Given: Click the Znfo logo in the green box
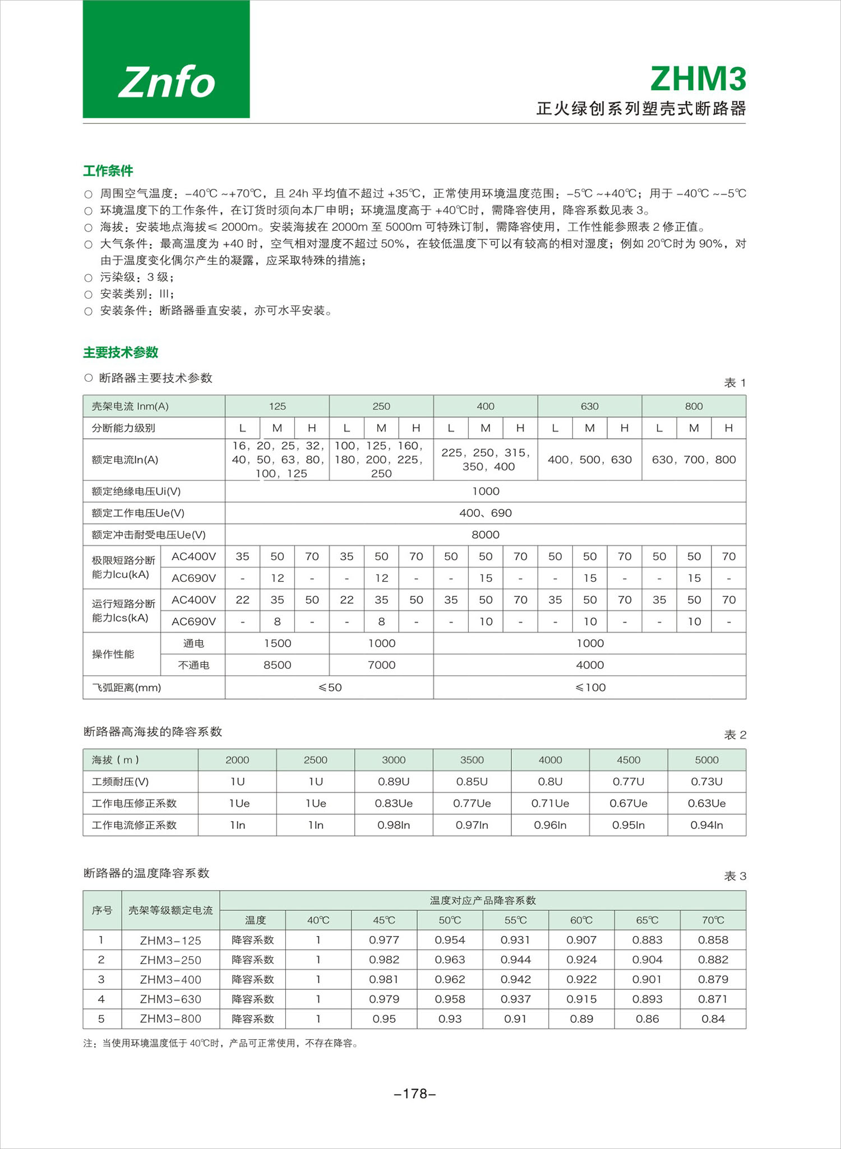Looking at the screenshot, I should pyautogui.click(x=167, y=82).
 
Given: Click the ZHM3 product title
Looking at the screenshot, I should pyautogui.click(x=698, y=79).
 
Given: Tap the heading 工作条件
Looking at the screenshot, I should pyautogui.click(x=108, y=171).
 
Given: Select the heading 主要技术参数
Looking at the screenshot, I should pyautogui.click(x=121, y=353).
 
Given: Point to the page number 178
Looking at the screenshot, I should pyautogui.click(x=415, y=1094).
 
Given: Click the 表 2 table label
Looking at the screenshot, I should pyautogui.click(x=735, y=735).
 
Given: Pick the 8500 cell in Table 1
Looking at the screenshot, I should pyautogui.click(x=277, y=665).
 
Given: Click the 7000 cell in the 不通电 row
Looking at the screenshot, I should pyautogui.click(x=381, y=665).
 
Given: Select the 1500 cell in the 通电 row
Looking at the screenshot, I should pyautogui.click(x=277, y=643).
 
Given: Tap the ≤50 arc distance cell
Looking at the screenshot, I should pyautogui.click(x=330, y=688).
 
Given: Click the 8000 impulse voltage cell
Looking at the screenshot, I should pyautogui.click(x=485, y=535).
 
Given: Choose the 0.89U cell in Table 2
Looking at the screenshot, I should pyautogui.click(x=394, y=782).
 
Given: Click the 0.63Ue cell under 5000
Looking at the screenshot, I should pyautogui.click(x=706, y=804).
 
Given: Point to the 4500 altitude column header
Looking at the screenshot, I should pyautogui.click(x=628, y=760).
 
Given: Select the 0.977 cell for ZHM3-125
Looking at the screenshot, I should pyautogui.click(x=384, y=940).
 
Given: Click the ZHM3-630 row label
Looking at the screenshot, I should pyautogui.click(x=170, y=999).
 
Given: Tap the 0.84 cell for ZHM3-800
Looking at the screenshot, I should pyautogui.click(x=713, y=1019).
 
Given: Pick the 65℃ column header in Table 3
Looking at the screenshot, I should pyautogui.click(x=647, y=920).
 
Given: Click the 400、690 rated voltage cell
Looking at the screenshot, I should pyautogui.click(x=485, y=513).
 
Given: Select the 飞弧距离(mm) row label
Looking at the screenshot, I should pyautogui.click(x=126, y=688).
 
